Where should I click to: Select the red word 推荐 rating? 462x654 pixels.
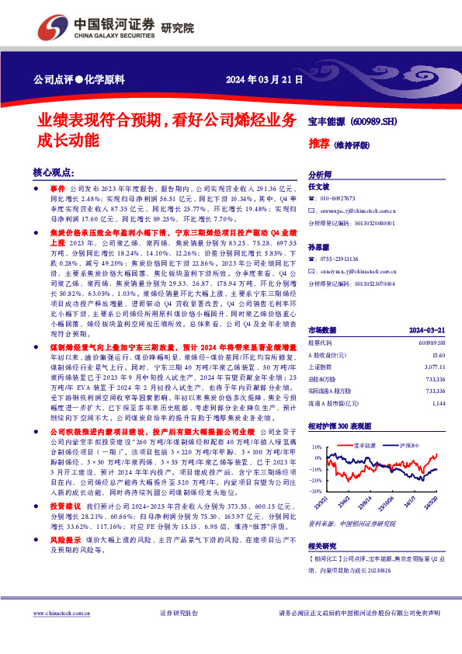[x=318, y=144]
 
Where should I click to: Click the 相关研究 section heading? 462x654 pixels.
[x=325, y=546]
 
